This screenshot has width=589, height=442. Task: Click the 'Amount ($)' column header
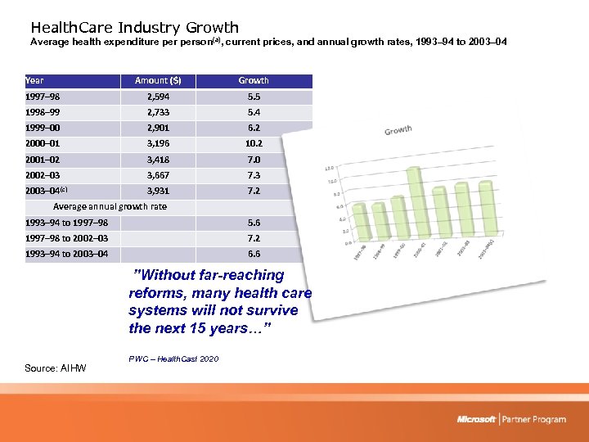(x=158, y=80)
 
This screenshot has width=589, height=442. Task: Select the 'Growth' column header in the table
(x=254, y=80)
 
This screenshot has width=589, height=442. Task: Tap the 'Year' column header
(x=35, y=80)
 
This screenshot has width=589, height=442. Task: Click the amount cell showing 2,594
(x=158, y=97)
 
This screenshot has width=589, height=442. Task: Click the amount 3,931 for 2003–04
(x=158, y=191)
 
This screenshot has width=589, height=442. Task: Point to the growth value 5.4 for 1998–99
(x=254, y=111)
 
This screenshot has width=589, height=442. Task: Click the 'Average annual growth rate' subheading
(x=110, y=206)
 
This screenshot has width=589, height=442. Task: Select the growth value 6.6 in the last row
(x=254, y=254)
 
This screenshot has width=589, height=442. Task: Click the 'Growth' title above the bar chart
(x=398, y=130)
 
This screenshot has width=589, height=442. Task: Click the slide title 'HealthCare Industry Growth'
(x=134, y=28)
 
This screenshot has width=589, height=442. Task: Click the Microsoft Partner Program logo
(x=511, y=419)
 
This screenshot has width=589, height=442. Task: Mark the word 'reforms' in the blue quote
(x=155, y=293)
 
